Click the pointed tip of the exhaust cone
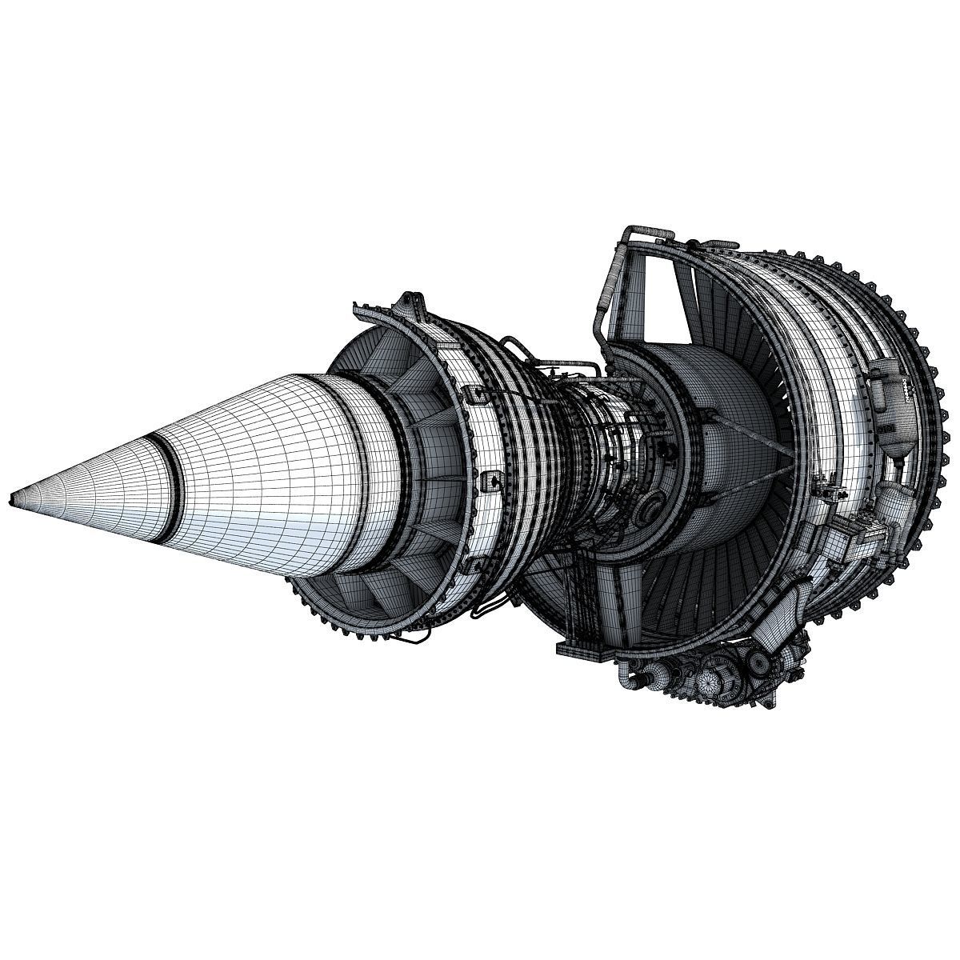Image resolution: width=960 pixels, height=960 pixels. coord(11,501)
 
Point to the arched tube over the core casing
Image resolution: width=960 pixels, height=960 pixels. coord(560,370)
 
